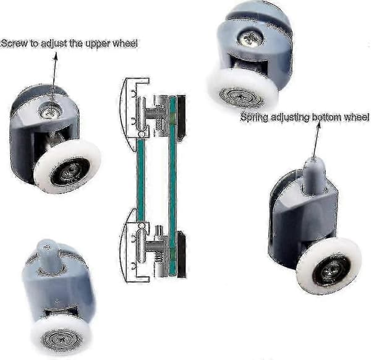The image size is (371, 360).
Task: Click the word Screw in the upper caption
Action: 14,43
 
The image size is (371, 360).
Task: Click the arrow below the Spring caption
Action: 317,142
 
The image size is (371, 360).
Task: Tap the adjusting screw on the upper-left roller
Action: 50,111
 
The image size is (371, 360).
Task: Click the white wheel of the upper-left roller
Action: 67,166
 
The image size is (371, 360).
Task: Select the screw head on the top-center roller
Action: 250,38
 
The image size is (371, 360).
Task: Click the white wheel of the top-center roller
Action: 242,88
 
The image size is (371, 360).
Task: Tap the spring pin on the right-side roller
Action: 313,173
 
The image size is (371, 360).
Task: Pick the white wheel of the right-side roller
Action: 329,266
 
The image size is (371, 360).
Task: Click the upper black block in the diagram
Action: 181,118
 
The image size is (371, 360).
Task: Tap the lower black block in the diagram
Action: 181,254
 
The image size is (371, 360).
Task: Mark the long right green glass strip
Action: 173,187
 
